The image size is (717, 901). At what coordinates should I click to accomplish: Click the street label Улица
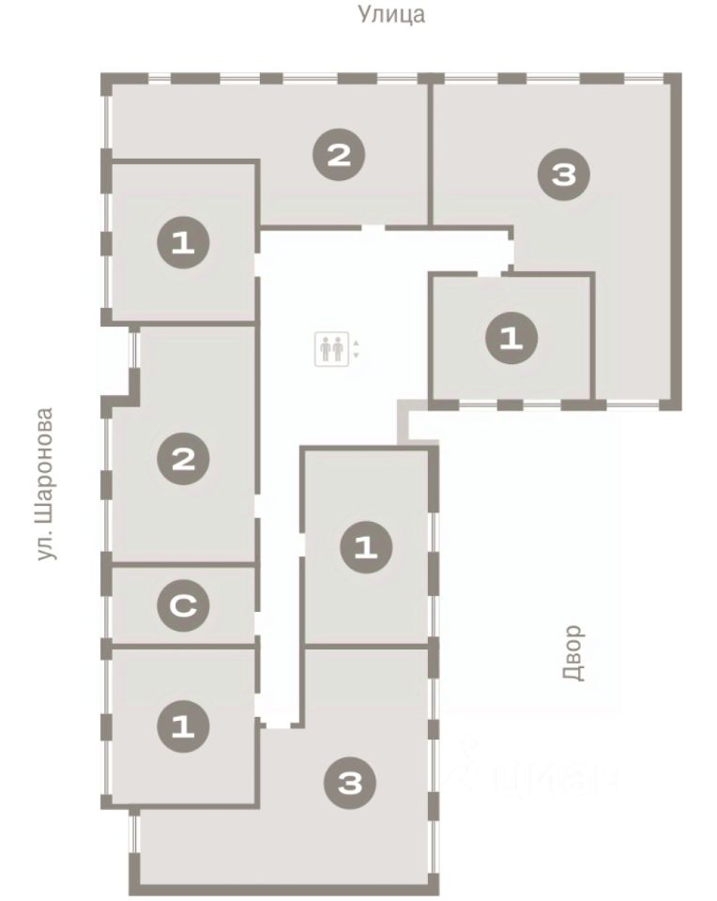click(x=391, y=14)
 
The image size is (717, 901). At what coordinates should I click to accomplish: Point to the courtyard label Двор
click(x=573, y=653)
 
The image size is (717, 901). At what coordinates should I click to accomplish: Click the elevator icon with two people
click(x=331, y=349)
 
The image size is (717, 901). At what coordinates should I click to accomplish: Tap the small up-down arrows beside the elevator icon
click(x=357, y=349)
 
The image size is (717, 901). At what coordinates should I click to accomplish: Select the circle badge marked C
click(x=183, y=605)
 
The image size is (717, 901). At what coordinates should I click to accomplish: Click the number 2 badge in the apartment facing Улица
click(x=339, y=155)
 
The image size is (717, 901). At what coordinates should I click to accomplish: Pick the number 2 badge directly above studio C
click(x=183, y=459)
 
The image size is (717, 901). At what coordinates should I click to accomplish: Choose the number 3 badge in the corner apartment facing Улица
click(x=564, y=174)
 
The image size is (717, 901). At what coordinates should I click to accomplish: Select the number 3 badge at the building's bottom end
click(x=350, y=783)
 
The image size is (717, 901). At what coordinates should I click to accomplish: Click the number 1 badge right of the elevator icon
click(x=511, y=338)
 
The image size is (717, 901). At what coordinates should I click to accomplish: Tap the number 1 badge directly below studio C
click(x=183, y=726)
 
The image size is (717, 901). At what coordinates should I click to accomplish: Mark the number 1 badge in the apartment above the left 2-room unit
click(x=183, y=243)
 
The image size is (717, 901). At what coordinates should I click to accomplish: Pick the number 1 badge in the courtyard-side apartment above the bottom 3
click(x=366, y=546)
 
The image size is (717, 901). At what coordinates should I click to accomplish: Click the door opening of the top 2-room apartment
click(x=373, y=227)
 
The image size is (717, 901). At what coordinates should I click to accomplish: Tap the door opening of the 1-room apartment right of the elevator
click(x=489, y=274)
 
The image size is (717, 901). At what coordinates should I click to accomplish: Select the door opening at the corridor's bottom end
click(x=280, y=726)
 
